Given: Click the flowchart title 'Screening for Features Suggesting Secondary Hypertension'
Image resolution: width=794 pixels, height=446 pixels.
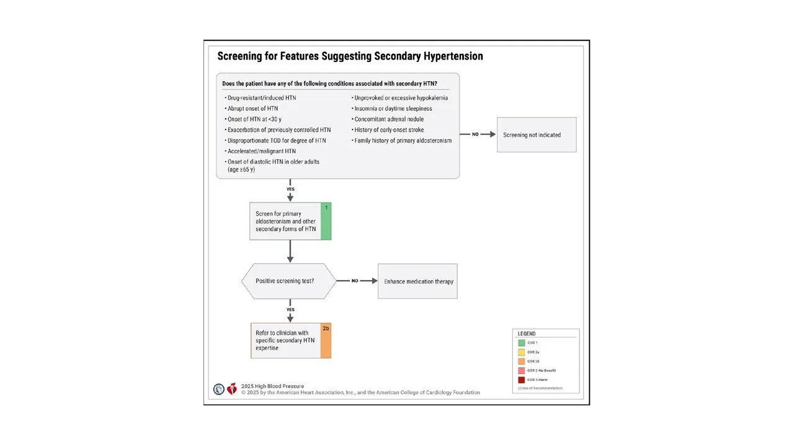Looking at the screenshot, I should coord(350,56).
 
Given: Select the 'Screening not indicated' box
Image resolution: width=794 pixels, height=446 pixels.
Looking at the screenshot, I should coord(536,135).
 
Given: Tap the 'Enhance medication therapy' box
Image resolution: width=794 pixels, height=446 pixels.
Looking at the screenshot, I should coord(418,281).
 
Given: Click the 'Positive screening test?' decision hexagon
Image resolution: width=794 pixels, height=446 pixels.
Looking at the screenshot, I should coord(288,281).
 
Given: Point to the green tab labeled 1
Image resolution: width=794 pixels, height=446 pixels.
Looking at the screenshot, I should coord(326,221).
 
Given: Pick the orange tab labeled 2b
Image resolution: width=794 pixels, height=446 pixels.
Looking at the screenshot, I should coord(326,341).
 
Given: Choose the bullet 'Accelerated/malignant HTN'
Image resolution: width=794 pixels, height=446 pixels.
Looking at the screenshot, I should coord(261,151).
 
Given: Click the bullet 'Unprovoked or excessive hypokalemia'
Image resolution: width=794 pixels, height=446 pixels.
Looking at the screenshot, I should coord(400,98).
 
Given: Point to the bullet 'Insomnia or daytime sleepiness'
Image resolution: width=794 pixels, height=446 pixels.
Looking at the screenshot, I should coord(393,108).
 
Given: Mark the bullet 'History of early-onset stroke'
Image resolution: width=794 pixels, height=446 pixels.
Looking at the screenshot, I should coord(389,130).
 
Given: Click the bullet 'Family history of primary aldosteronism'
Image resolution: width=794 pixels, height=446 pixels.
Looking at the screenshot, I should coord(403,141).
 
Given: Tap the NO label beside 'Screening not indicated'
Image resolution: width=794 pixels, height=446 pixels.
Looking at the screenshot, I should coord(475,134).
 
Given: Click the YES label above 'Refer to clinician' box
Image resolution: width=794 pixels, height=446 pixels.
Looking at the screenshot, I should coord(290,310).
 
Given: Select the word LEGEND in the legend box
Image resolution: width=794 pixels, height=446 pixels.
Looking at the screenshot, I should coord(527,334).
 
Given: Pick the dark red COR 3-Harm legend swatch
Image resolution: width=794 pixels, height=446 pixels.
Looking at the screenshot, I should coord(521,380).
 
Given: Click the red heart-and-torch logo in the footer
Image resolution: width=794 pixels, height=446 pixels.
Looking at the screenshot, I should coord(232,389).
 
